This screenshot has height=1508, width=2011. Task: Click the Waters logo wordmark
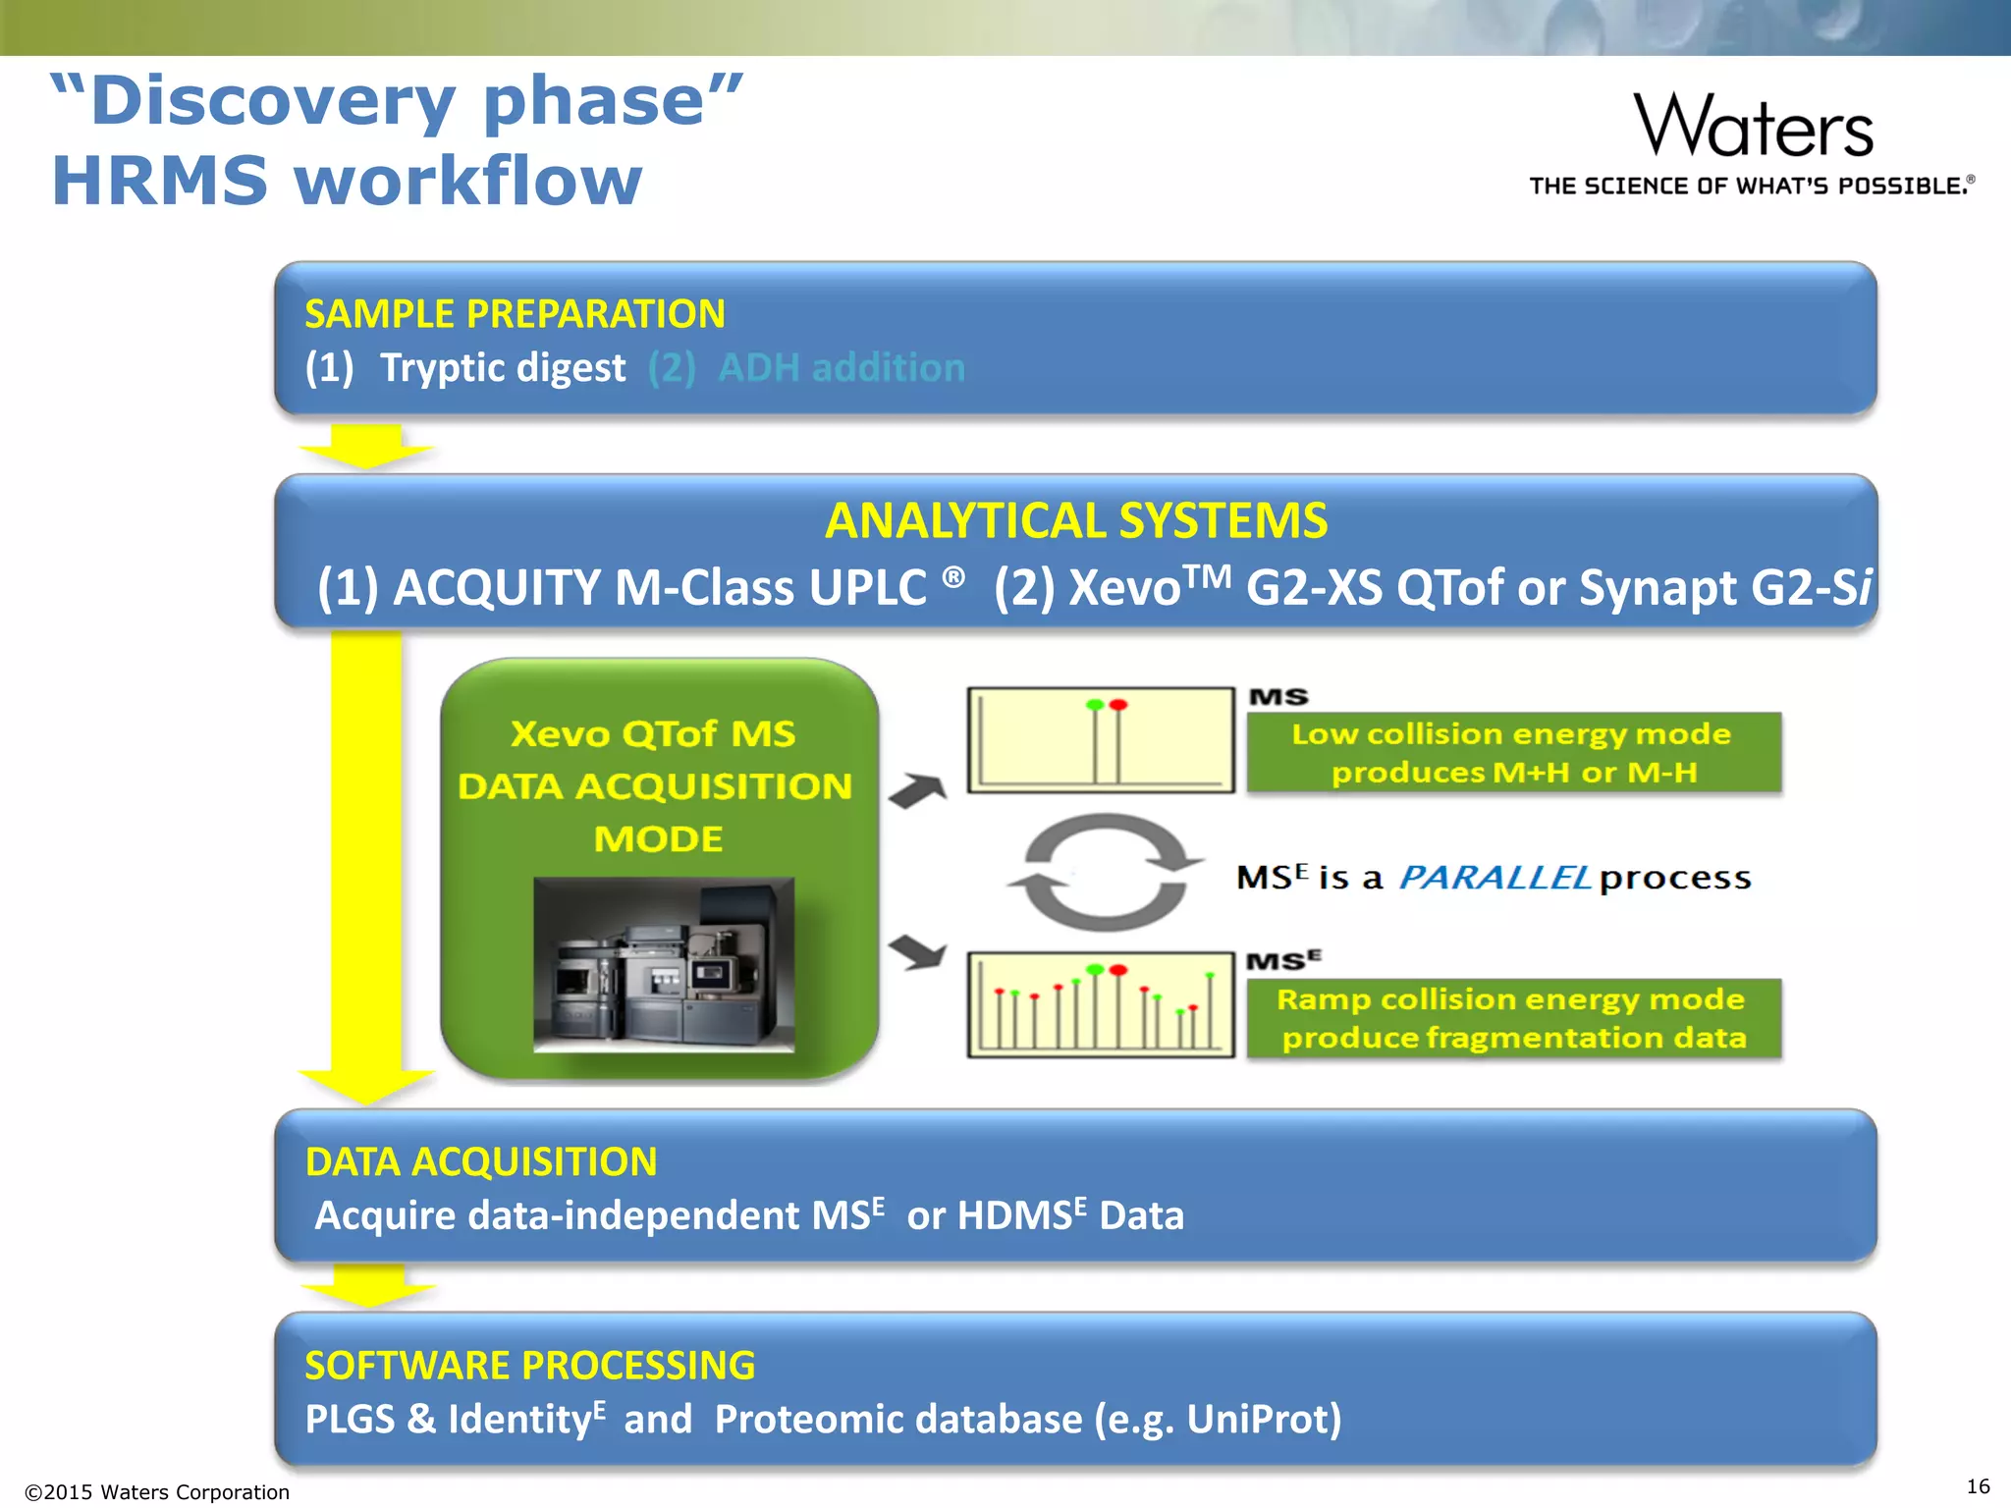click(1753, 127)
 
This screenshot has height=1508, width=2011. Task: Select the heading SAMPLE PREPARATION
click(515, 314)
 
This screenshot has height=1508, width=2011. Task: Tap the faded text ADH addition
click(842, 368)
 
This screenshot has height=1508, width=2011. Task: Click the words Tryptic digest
click(503, 368)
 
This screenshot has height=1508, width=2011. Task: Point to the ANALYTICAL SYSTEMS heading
click(1076, 520)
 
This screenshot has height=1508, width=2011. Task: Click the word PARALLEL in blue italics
click(1494, 877)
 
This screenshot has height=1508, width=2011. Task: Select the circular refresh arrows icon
click(1105, 872)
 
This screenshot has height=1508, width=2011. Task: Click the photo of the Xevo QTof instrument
click(664, 964)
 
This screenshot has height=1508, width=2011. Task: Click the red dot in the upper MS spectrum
click(1117, 705)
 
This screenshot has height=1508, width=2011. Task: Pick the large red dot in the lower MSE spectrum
click(1117, 970)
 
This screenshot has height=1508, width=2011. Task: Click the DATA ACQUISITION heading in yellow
click(481, 1162)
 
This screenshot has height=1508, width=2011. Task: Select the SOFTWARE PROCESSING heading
click(530, 1366)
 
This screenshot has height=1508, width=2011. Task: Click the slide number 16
click(1978, 1486)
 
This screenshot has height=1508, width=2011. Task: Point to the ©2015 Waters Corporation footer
click(157, 1492)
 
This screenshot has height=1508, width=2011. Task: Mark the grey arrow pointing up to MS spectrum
click(918, 790)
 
